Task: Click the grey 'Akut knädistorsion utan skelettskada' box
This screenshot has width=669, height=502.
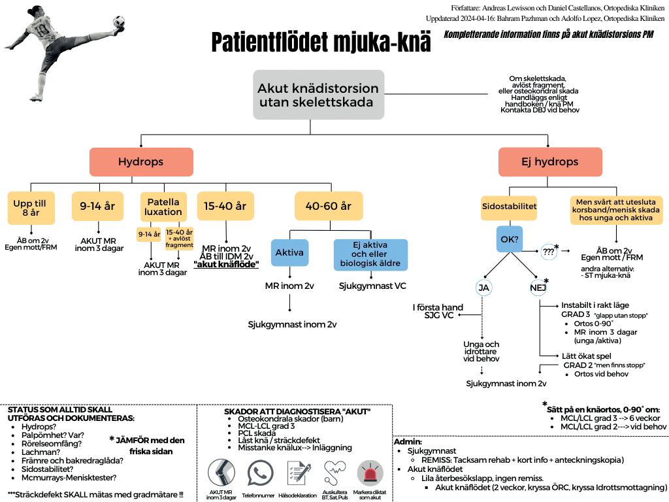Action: pos(318,95)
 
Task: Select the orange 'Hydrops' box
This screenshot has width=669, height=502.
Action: pos(141,161)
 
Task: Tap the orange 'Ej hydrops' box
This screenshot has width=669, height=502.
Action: pos(550,161)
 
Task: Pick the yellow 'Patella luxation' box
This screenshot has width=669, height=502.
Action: pos(163,207)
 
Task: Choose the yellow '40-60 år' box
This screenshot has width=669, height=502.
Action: pos(328,206)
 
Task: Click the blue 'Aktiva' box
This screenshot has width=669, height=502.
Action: pos(289,252)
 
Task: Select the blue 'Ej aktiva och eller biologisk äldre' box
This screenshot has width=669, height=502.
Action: pos(370,255)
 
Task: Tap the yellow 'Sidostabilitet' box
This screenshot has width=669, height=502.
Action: pos(509,206)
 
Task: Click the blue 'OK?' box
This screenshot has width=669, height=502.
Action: pos(509,240)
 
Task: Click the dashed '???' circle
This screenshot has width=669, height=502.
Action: pos(548,251)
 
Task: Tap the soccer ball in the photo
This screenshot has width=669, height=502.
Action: pos(118,24)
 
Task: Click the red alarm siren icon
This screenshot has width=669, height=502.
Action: pos(370,473)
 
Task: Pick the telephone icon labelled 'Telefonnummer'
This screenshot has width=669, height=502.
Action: pos(261,473)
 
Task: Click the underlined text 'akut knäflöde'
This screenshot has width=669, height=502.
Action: pos(226,264)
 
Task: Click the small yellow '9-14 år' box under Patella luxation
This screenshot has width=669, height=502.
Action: pos(148,233)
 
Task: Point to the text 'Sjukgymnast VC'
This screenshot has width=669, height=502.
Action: pos(373,286)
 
